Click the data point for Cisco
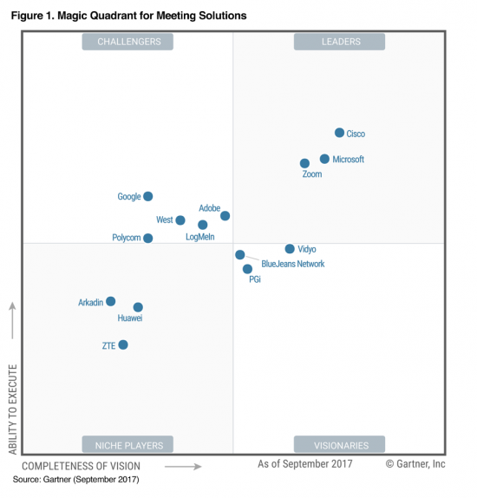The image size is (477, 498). pyautogui.click(x=339, y=133)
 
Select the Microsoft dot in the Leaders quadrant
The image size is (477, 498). pyautogui.click(x=324, y=159)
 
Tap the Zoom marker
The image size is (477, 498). pyautogui.click(x=304, y=163)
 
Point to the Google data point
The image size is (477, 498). pyautogui.click(x=148, y=197)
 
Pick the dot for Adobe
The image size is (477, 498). pyautogui.click(x=225, y=216)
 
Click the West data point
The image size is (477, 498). pyautogui.click(x=180, y=220)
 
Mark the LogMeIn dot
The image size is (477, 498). pyautogui.click(x=203, y=225)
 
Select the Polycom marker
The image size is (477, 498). pyautogui.click(x=148, y=238)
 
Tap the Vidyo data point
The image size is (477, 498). pyautogui.click(x=290, y=249)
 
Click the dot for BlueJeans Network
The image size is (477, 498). pyautogui.click(x=240, y=255)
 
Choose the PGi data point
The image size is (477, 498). pyautogui.click(x=247, y=269)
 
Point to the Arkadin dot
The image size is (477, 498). pyautogui.click(x=111, y=302)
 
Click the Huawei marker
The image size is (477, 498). pyautogui.click(x=138, y=307)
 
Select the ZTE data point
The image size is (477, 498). pyautogui.click(x=123, y=344)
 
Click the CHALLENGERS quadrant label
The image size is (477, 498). pyautogui.click(x=128, y=42)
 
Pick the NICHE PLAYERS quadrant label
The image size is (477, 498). pyautogui.click(x=128, y=445)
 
